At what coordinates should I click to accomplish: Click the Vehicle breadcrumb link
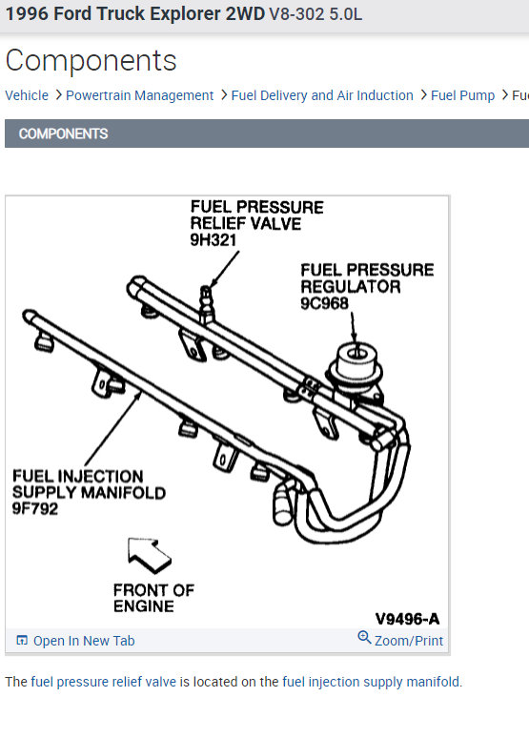tap(27, 95)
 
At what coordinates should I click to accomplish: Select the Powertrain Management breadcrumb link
tap(140, 95)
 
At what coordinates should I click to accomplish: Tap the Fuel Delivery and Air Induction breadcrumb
tap(322, 95)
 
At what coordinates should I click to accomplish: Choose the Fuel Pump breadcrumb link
tap(462, 95)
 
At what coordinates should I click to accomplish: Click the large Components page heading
tap(92, 61)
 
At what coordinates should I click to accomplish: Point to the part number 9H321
tap(213, 240)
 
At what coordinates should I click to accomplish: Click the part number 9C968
tap(324, 303)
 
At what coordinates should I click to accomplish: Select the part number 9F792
tap(35, 509)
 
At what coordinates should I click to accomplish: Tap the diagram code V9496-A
tap(407, 619)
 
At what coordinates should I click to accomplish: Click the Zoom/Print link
tap(409, 641)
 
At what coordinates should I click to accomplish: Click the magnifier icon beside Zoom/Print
tap(364, 637)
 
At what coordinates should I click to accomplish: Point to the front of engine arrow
tap(149, 555)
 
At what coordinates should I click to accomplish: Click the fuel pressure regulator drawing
tap(356, 371)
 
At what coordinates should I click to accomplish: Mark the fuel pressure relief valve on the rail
tap(206, 304)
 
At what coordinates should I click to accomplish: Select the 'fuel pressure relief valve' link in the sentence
tap(104, 682)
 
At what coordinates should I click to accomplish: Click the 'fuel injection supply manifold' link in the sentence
tap(371, 682)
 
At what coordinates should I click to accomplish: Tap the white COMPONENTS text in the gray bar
tap(64, 133)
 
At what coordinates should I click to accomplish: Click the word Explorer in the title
tap(185, 14)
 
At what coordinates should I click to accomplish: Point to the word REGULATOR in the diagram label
tap(351, 287)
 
